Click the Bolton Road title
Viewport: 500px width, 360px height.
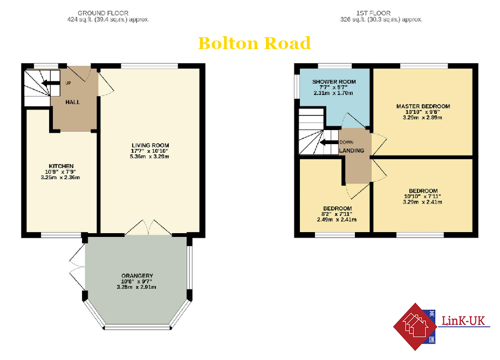tap(254, 43)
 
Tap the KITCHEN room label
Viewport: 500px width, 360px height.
tap(61, 166)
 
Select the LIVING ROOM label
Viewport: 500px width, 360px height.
tap(150, 145)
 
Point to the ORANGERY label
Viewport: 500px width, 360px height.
tap(137, 275)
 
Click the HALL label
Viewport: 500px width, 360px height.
tap(73, 102)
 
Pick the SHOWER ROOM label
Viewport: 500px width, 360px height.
tap(334, 81)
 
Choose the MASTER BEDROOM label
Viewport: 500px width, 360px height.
tap(423, 106)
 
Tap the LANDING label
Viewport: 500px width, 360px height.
tap(352, 151)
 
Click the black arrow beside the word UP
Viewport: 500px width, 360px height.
tap(51, 83)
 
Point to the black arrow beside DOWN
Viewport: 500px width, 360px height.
tap(329, 142)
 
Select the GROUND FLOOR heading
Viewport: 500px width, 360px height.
tap(103, 13)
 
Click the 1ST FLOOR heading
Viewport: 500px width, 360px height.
tap(373, 13)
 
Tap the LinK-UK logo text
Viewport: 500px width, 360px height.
tap(463, 321)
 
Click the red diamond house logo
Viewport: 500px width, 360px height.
tap(415, 327)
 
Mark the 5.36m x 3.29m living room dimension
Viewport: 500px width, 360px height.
tap(149, 157)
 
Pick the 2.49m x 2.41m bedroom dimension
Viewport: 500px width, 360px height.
tap(337, 220)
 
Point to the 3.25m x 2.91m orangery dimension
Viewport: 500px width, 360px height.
tap(136, 287)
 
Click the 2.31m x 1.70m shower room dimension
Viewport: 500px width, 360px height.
tap(333, 93)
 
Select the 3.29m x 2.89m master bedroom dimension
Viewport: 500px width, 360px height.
tap(422, 118)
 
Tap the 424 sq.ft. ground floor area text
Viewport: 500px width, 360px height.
tap(108, 19)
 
